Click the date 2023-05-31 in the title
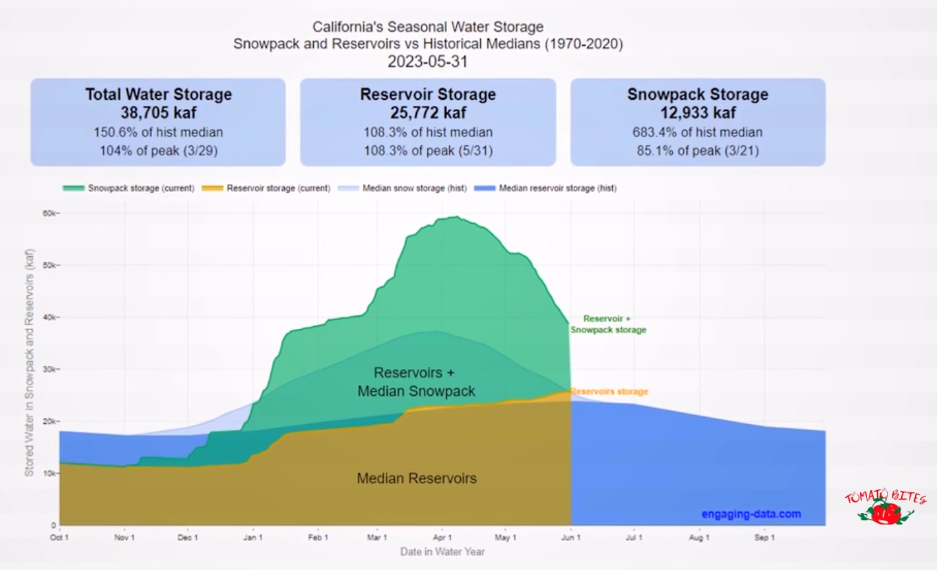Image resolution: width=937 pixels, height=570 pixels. click(428, 61)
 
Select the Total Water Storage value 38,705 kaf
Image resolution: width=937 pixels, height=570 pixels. click(158, 114)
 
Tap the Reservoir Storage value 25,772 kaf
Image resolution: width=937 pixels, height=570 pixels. click(428, 114)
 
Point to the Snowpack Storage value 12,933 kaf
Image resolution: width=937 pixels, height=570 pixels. click(698, 114)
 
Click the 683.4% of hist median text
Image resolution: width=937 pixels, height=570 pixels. click(698, 132)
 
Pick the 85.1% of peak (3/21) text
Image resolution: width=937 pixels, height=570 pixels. click(698, 150)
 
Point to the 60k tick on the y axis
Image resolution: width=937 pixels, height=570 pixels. click(50, 213)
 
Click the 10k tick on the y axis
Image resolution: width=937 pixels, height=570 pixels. click(50, 474)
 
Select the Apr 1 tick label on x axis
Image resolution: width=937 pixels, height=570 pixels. click(442, 538)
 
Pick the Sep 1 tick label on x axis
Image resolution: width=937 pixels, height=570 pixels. click(764, 538)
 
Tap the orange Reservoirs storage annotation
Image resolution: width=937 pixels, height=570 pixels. click(610, 392)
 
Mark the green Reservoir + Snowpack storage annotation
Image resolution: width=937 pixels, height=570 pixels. click(607, 324)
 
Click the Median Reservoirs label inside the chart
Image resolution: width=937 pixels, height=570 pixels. click(417, 478)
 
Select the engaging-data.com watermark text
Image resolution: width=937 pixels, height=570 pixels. click(751, 514)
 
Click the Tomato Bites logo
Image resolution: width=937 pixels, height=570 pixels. click(885, 507)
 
